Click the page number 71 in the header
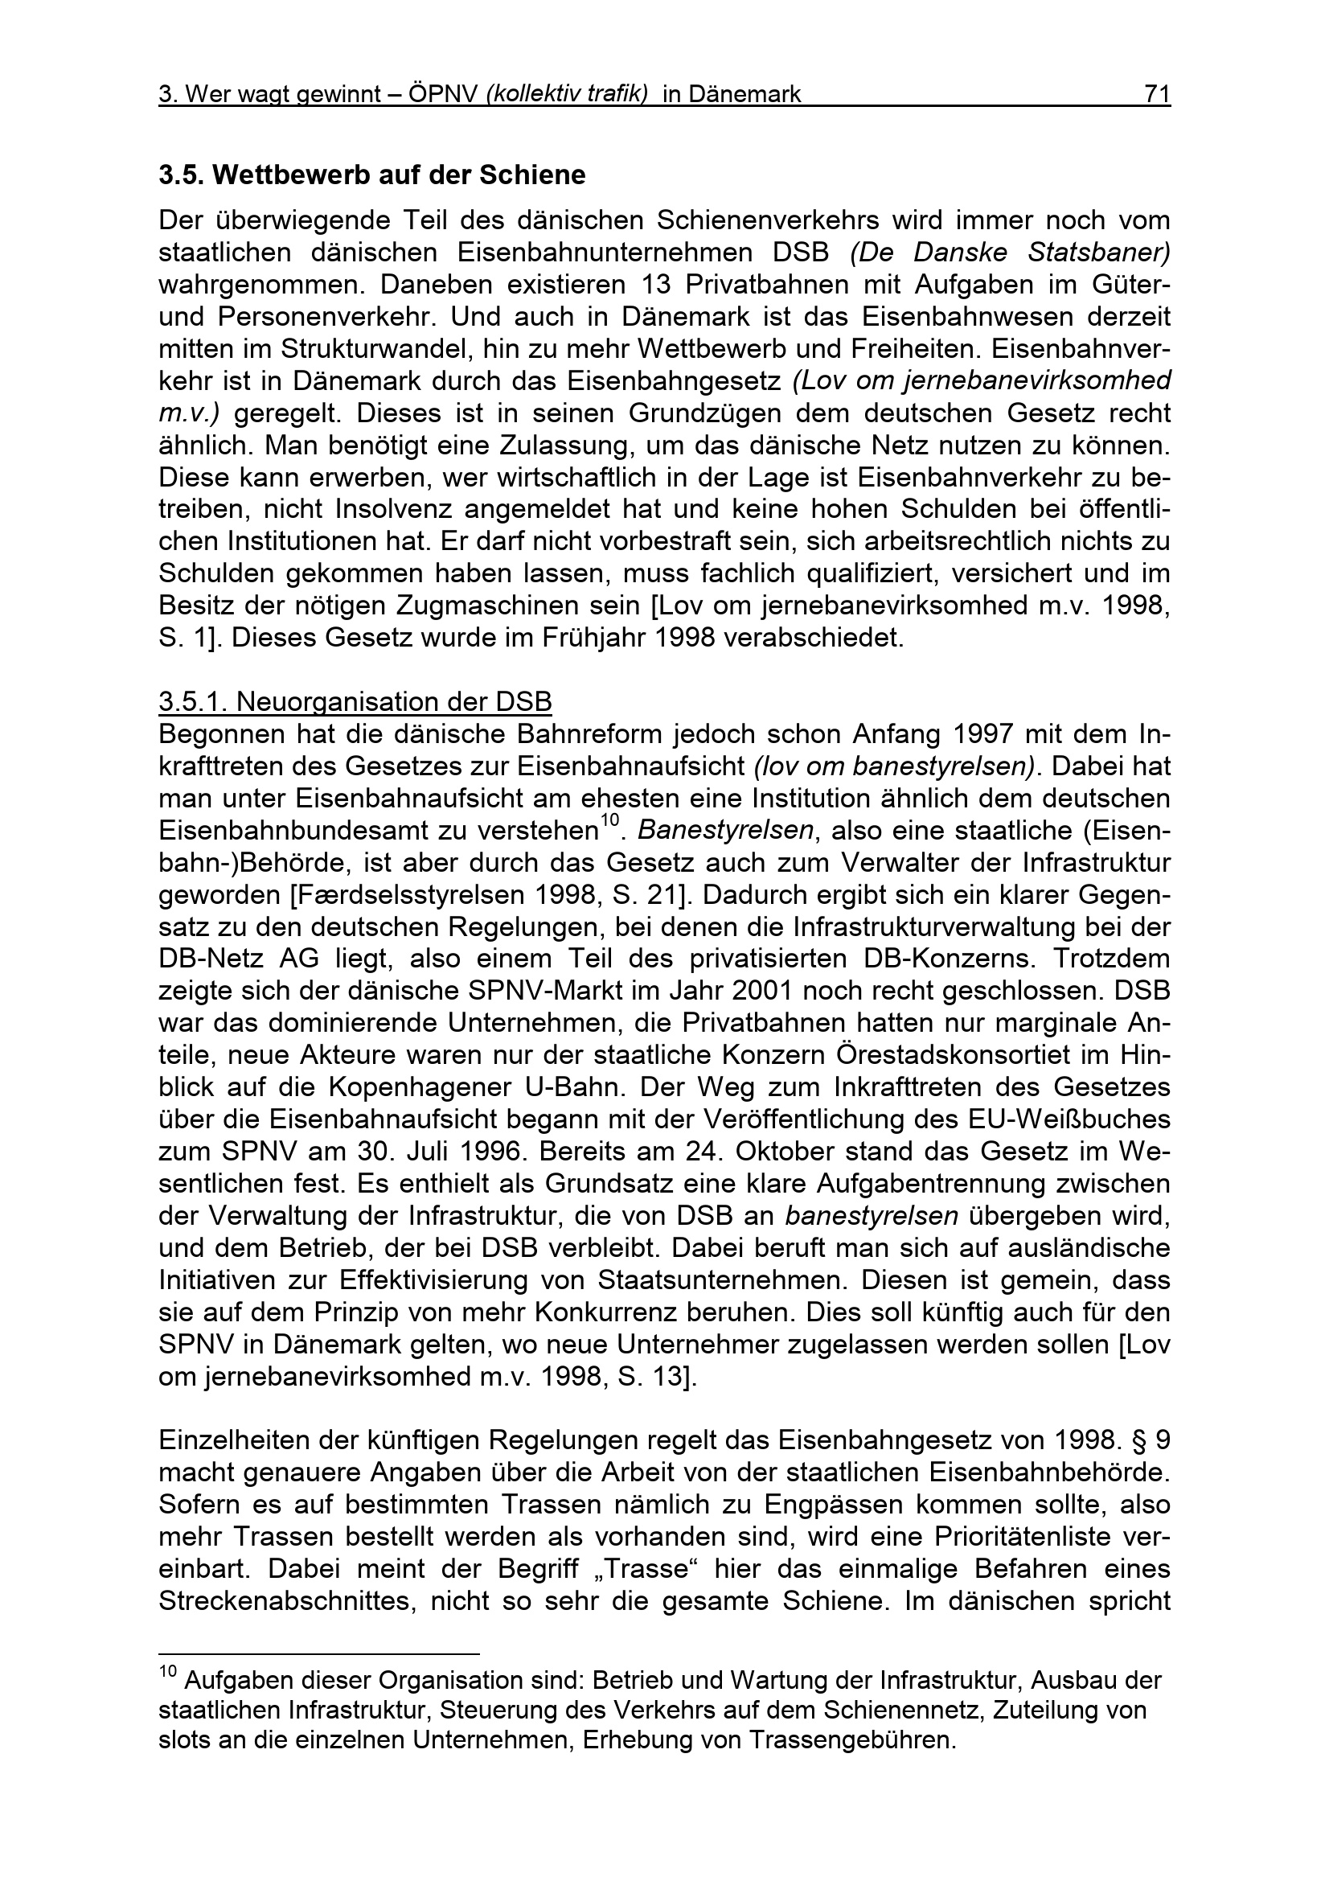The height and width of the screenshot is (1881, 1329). pyautogui.click(x=1156, y=95)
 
